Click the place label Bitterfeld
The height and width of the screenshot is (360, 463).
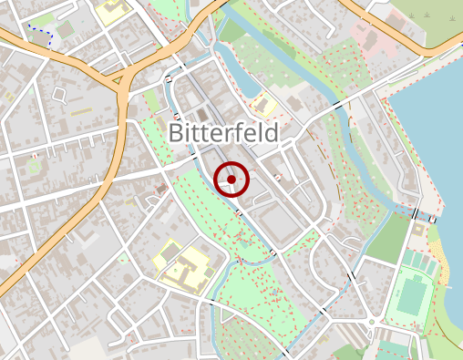[223, 133]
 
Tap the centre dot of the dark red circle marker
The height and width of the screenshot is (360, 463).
[231, 180]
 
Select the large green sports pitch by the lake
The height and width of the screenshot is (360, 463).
[413, 297]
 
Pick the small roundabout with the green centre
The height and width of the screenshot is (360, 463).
[372, 323]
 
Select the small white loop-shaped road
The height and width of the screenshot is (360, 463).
[60, 94]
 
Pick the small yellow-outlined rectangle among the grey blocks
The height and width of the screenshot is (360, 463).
[82, 111]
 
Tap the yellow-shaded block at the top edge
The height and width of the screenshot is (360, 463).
[112, 11]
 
